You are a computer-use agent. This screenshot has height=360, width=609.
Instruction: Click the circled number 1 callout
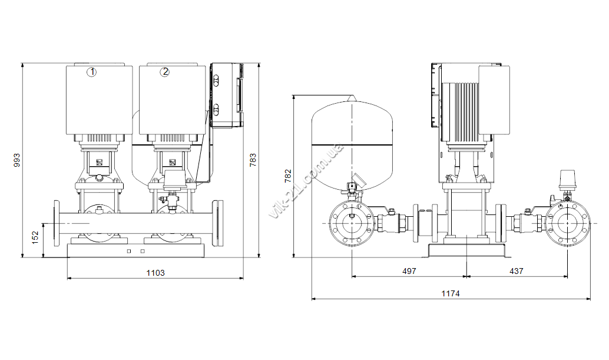(92, 72)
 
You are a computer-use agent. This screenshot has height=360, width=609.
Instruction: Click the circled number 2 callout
(165, 72)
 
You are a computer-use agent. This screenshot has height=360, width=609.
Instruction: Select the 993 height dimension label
(16, 160)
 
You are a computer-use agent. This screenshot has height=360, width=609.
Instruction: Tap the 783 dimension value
(253, 160)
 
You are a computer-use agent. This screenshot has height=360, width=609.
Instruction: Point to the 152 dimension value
(35, 237)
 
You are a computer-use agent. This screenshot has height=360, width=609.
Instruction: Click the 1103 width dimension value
(155, 273)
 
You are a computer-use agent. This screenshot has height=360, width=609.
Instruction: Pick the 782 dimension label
(288, 176)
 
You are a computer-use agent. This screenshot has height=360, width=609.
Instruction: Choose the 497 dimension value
(409, 271)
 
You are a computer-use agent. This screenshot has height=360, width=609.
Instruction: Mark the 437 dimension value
(516, 271)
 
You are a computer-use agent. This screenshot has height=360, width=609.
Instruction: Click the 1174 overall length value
(451, 293)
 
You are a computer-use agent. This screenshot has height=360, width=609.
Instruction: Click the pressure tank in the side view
(352, 144)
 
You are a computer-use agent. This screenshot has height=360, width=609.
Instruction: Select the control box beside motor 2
(227, 95)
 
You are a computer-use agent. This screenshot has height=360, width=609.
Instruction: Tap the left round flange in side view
(352, 224)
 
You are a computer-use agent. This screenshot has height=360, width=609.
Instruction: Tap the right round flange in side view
(567, 224)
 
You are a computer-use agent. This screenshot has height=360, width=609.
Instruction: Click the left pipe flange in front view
(57, 223)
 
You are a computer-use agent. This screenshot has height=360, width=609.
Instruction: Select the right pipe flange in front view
(219, 223)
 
